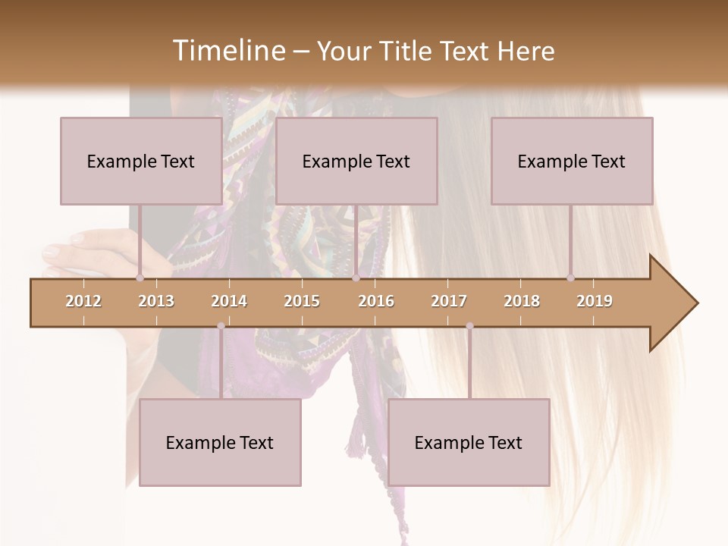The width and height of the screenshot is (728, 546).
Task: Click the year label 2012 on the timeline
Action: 83,301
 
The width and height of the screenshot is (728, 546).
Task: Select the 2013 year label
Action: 156,301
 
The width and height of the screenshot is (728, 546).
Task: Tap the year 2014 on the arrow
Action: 229,301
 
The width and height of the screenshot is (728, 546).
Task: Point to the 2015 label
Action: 302,301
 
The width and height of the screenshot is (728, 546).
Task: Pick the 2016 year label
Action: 376,301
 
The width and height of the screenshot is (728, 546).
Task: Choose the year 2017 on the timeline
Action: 449,301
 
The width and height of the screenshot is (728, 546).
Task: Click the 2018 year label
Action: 522,301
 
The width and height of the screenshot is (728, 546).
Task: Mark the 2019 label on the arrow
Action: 595,301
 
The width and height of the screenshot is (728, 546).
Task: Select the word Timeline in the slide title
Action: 227,51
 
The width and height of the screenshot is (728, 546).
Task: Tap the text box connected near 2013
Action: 141,161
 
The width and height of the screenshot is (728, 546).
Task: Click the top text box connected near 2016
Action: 356,161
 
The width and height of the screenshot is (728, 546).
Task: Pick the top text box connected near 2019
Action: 572,161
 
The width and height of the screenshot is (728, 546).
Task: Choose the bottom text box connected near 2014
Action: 220,442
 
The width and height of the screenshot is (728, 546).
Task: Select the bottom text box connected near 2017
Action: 469,442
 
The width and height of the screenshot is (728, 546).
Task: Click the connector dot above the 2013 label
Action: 140,278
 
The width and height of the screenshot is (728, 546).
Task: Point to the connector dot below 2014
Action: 221,326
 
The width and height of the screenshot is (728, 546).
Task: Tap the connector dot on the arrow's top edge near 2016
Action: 356,278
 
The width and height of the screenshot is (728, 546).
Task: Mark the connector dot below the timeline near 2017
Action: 469,326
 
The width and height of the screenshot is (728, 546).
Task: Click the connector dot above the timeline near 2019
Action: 570,278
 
